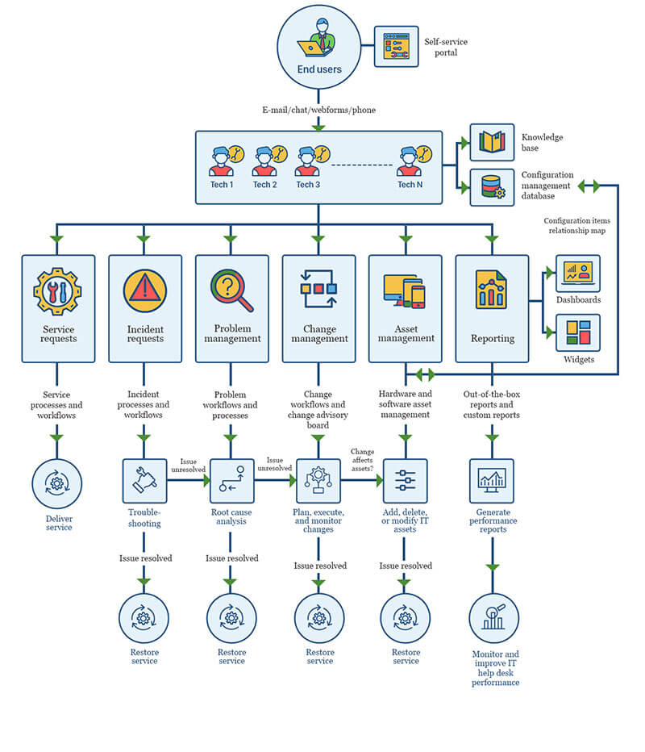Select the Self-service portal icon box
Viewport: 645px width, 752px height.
click(396, 47)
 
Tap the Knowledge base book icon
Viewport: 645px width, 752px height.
click(492, 143)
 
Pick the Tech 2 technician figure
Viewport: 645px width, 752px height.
click(265, 161)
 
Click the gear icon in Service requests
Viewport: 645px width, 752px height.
click(57, 290)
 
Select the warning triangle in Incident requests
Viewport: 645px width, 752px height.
click(145, 290)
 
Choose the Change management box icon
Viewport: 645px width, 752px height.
click(318, 288)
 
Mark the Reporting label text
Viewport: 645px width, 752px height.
click(492, 339)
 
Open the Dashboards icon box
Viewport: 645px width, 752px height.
click(578, 274)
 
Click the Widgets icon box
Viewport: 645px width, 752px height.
click(578, 332)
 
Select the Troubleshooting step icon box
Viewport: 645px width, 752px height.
click(144, 481)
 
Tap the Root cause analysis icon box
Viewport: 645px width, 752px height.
click(232, 481)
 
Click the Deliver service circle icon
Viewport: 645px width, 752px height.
click(57, 484)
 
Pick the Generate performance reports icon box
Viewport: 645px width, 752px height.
click(492, 481)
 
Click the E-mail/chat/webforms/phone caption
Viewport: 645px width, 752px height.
click(318, 110)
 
